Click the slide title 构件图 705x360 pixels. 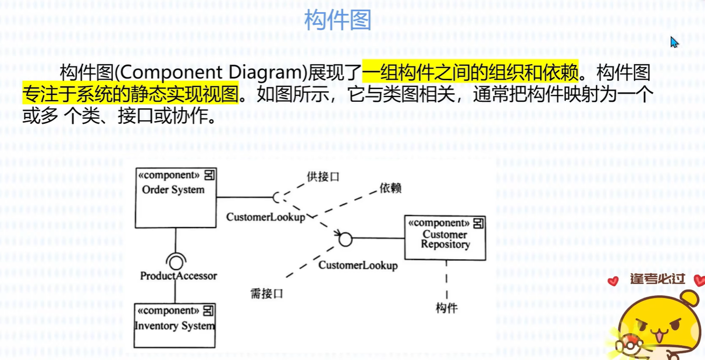pos(337,21)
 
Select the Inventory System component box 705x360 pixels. pos(175,325)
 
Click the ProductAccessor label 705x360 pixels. pos(178,276)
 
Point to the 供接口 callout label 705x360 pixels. pos(323,177)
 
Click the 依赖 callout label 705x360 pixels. pos(390,188)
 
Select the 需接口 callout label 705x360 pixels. pos(266,294)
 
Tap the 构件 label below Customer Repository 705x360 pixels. pos(446,308)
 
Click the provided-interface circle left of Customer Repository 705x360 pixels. pos(345,239)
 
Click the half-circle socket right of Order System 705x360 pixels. pos(276,198)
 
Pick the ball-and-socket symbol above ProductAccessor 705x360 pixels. pos(175,260)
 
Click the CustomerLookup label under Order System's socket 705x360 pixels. pos(265,217)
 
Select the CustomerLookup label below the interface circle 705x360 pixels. pos(358,265)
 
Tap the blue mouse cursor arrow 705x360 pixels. pos(674,42)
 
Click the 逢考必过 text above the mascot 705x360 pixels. pos(657,278)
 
